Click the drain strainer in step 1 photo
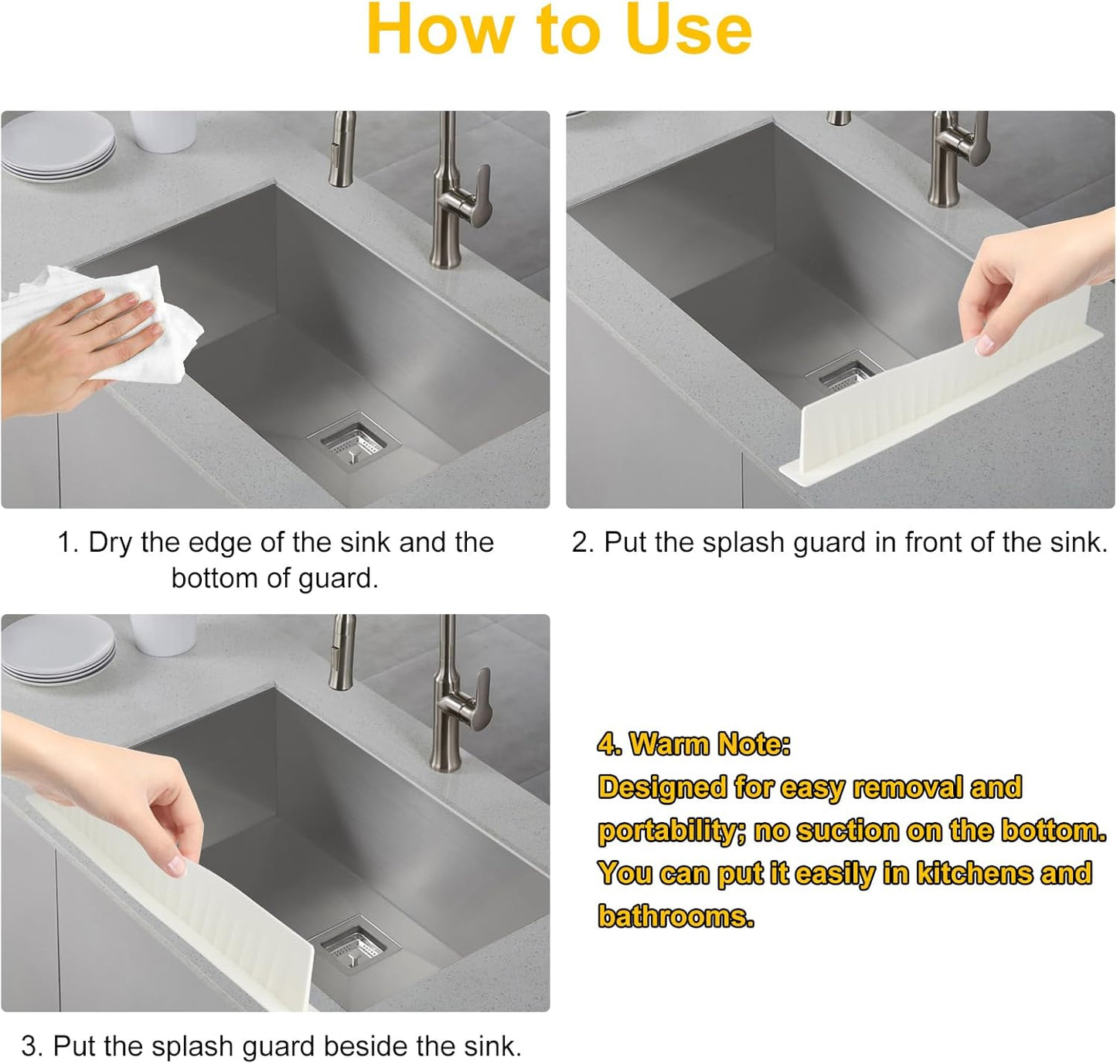coord(353,445)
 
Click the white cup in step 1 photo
coord(163,130)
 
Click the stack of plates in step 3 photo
coord(58,649)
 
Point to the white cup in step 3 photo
coord(163,634)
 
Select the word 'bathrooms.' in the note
coord(676,916)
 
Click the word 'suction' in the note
coord(847,831)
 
